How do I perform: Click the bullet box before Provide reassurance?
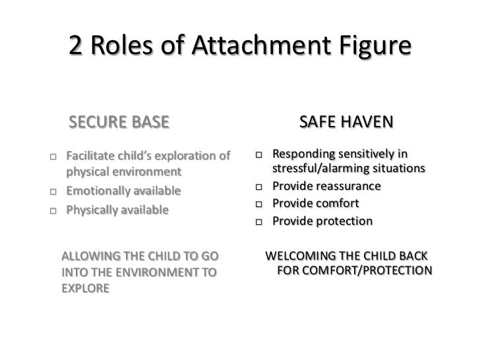point(260,189)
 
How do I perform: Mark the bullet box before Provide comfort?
point(260,205)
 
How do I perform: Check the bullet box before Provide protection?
point(260,222)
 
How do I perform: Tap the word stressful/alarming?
point(321,169)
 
